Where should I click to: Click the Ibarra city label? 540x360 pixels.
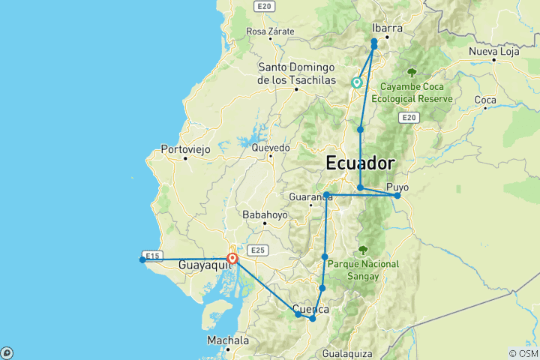(x=387, y=28)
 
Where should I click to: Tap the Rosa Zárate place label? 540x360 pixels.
(x=270, y=31)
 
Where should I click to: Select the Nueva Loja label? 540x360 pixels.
(x=494, y=52)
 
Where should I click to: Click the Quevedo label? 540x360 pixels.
(x=270, y=148)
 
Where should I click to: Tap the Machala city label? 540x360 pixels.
(x=228, y=340)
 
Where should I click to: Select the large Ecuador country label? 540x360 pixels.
(x=360, y=163)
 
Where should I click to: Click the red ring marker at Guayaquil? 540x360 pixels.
(x=232, y=259)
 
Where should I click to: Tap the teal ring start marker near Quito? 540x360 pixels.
(x=357, y=82)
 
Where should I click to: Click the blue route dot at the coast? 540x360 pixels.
(x=142, y=259)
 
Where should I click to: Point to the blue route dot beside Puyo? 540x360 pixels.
(x=397, y=196)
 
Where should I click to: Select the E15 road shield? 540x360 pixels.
(x=151, y=256)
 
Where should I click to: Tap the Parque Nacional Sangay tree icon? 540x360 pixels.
(x=363, y=250)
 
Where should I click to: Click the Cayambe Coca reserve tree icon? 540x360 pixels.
(x=411, y=73)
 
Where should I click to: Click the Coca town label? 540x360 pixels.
(x=485, y=100)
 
